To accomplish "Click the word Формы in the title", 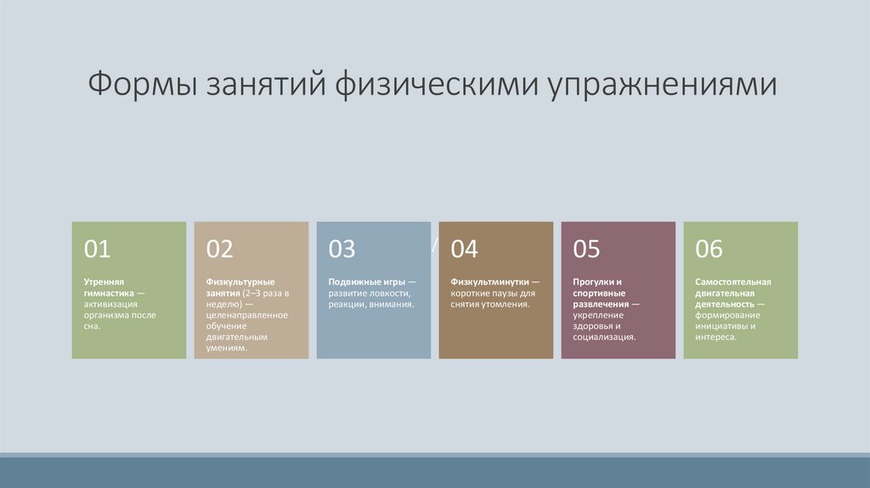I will (x=139, y=86).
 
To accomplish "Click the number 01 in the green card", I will (x=97, y=248).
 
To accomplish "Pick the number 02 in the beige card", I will (x=219, y=248).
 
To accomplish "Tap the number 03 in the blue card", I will (x=342, y=248).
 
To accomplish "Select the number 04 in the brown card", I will (x=465, y=248).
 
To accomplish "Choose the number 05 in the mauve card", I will (x=586, y=248).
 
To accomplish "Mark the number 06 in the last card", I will (x=709, y=248).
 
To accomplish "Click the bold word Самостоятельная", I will (x=732, y=281).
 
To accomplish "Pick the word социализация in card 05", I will (x=604, y=337).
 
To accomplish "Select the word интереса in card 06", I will (x=715, y=337).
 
